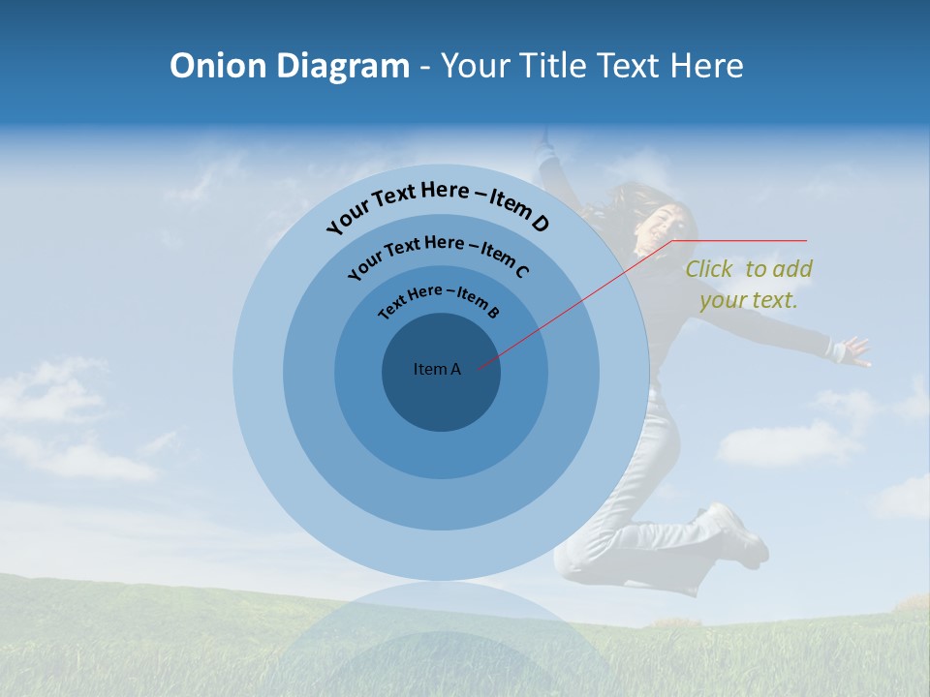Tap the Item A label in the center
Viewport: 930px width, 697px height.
point(437,369)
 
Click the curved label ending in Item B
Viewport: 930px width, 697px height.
point(439,300)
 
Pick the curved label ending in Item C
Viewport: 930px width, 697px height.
point(438,255)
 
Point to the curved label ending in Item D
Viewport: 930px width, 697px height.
point(438,204)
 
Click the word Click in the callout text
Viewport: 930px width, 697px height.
point(709,269)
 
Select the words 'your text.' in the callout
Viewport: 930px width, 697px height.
point(748,300)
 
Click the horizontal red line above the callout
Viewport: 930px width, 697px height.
point(741,240)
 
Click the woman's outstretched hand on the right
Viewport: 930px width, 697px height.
point(855,350)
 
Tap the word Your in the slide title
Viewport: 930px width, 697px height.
point(479,66)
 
